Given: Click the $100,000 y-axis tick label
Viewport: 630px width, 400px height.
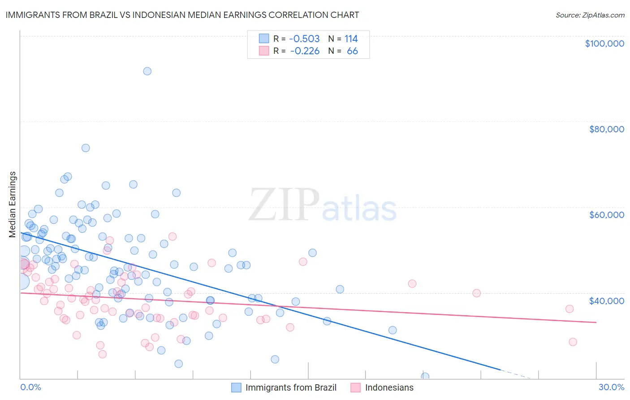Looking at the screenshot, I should click(604, 43).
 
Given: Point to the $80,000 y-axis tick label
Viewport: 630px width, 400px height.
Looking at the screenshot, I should click(606, 129).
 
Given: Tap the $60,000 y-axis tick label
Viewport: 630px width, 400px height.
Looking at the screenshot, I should click(606, 215).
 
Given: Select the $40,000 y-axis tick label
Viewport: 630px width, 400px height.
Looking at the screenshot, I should click(606, 300).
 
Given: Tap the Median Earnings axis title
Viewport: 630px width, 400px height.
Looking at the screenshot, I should click(13, 204).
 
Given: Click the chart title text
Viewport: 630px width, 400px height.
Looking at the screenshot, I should click(182, 15).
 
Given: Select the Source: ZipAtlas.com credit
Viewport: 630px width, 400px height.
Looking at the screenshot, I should click(590, 15).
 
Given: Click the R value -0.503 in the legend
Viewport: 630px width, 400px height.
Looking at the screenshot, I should click(304, 39).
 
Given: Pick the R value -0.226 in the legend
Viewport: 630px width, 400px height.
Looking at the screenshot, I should click(305, 51).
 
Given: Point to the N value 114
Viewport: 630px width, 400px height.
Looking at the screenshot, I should click(351, 39).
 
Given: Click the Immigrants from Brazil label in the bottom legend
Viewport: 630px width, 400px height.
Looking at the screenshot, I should click(291, 387).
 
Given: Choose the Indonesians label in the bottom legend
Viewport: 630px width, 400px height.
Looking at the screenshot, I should click(389, 387).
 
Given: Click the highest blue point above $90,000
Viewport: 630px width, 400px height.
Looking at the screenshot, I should click(147, 71).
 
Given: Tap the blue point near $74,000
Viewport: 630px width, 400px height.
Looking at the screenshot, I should click(86, 148).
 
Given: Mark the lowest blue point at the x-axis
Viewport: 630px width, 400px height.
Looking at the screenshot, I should click(425, 377).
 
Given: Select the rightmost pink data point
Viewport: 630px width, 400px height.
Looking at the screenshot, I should click(573, 342).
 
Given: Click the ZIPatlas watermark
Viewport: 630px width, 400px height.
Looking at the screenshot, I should click(323, 205).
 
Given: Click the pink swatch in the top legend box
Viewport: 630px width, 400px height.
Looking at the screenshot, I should click(264, 51).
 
